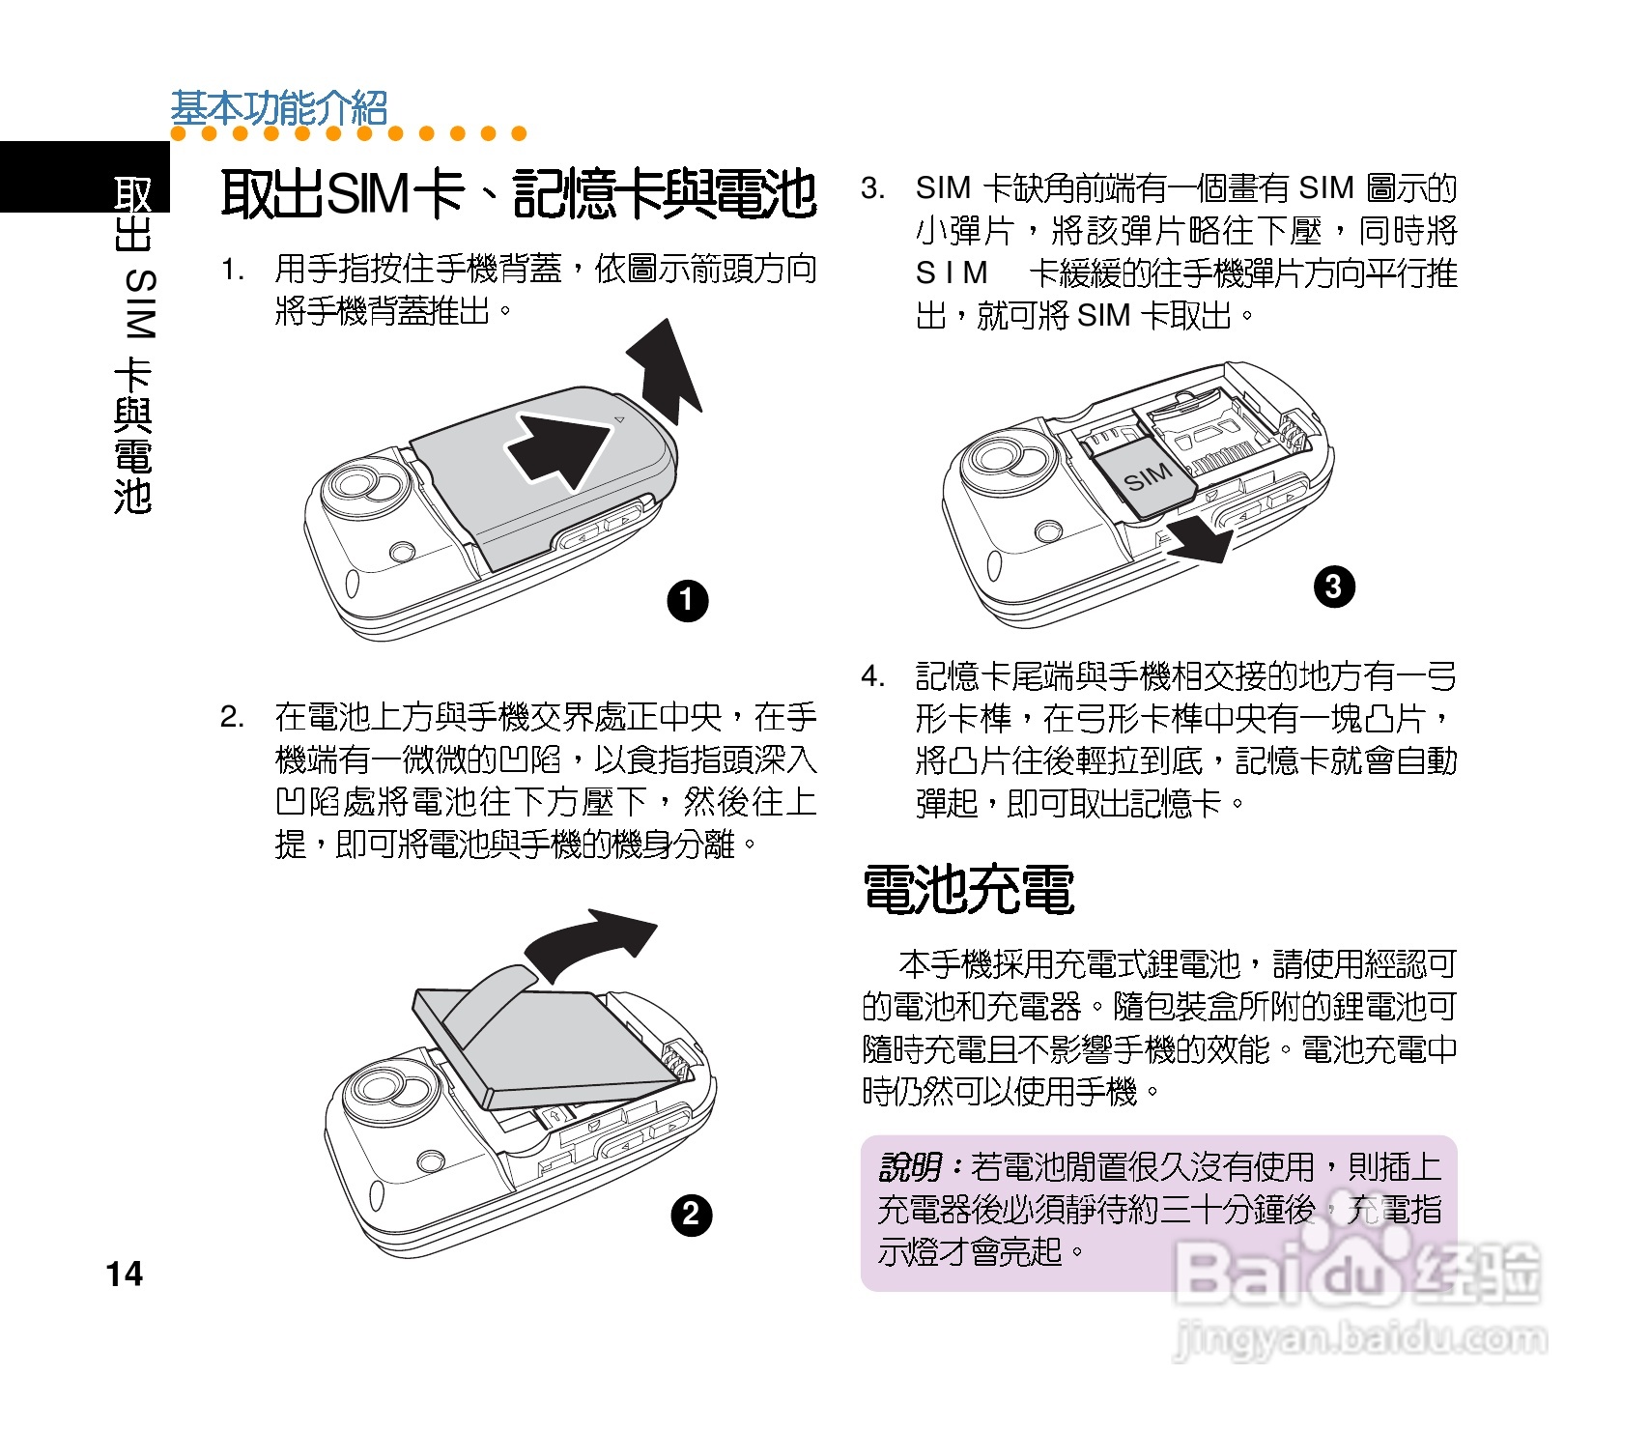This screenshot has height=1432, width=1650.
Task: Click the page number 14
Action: [x=125, y=1274]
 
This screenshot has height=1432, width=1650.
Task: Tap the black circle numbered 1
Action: [x=688, y=601]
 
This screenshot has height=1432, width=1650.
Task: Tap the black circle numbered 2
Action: [x=691, y=1214]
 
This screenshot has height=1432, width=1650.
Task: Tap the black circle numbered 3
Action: [x=1333, y=586]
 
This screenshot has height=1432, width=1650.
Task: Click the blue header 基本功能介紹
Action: [x=279, y=108]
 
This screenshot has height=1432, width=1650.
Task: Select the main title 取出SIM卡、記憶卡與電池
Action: [x=519, y=193]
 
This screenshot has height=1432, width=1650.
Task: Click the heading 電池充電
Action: [x=968, y=889]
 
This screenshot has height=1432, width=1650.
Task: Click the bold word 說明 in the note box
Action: [x=910, y=1167]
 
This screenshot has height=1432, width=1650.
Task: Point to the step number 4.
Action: [x=872, y=675]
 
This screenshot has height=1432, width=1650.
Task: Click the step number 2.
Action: [x=232, y=716]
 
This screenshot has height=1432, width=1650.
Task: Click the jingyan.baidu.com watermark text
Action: [x=1357, y=1338]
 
